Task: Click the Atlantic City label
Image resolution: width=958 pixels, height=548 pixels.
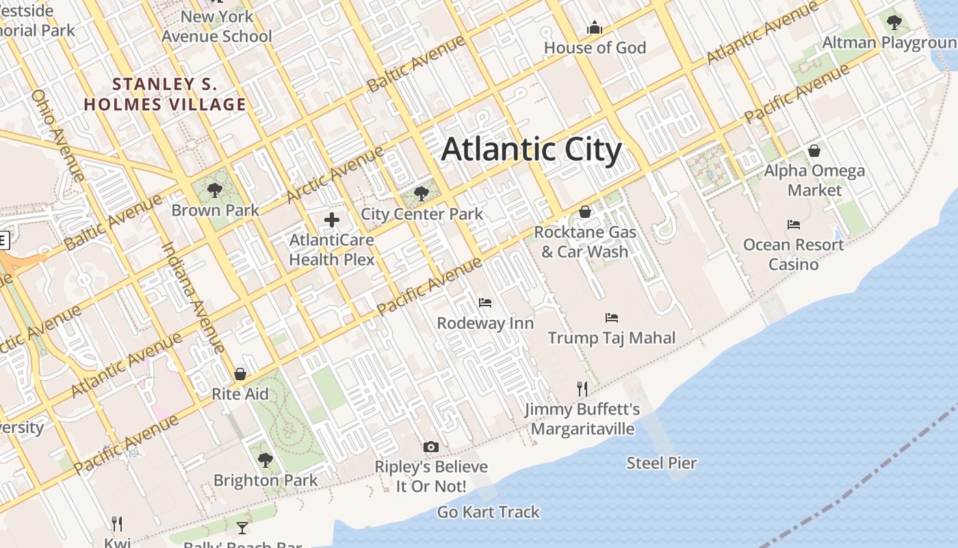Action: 532,150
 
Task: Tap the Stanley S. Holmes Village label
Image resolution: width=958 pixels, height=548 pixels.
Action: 164,95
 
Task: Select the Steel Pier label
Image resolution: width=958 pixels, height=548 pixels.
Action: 662,463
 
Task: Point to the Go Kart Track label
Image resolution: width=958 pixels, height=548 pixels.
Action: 489,512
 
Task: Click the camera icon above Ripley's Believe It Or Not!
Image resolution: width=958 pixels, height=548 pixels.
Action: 430,447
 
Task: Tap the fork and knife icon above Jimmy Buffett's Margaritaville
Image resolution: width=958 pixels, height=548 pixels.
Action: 582,389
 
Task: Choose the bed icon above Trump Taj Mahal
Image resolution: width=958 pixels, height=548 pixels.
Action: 612,318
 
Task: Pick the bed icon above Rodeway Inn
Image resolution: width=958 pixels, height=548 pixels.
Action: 485,303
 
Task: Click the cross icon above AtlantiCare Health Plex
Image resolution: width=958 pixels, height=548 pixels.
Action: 332,220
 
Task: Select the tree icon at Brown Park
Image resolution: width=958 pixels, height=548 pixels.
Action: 215,190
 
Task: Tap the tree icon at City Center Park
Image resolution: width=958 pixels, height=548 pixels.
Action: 422,194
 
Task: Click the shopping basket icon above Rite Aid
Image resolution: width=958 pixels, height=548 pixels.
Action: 240,374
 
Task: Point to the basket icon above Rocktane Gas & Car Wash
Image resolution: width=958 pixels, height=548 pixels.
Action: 585,212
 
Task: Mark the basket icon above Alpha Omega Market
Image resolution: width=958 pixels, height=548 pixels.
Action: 814,151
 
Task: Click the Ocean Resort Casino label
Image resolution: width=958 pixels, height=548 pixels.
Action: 793,254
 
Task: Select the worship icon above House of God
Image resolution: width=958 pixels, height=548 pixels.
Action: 595,28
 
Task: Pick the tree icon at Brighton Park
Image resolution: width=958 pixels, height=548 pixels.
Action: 266,460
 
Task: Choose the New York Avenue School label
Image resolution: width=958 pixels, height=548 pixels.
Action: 217,26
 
